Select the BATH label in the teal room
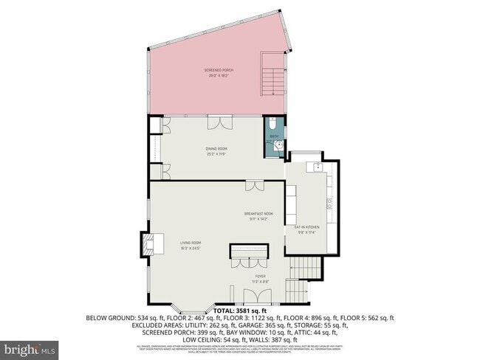point(273,136)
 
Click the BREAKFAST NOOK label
point(258,214)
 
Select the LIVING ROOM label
point(191,243)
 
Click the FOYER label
point(260,277)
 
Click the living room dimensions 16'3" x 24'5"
point(191,248)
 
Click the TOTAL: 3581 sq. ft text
point(240,311)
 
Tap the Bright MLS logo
point(30,347)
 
